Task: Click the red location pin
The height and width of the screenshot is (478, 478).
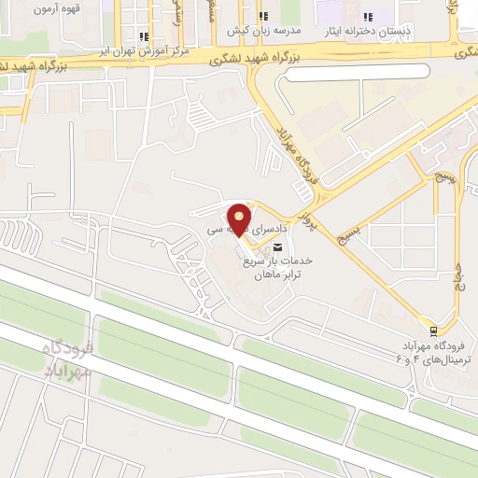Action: click(240, 218)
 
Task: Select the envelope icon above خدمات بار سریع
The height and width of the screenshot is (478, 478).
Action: click(278, 246)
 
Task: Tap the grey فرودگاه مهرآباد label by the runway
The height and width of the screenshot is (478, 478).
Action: click(68, 359)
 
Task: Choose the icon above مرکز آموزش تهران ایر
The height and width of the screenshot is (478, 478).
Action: click(143, 37)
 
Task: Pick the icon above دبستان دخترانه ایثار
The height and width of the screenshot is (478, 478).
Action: click(367, 17)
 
